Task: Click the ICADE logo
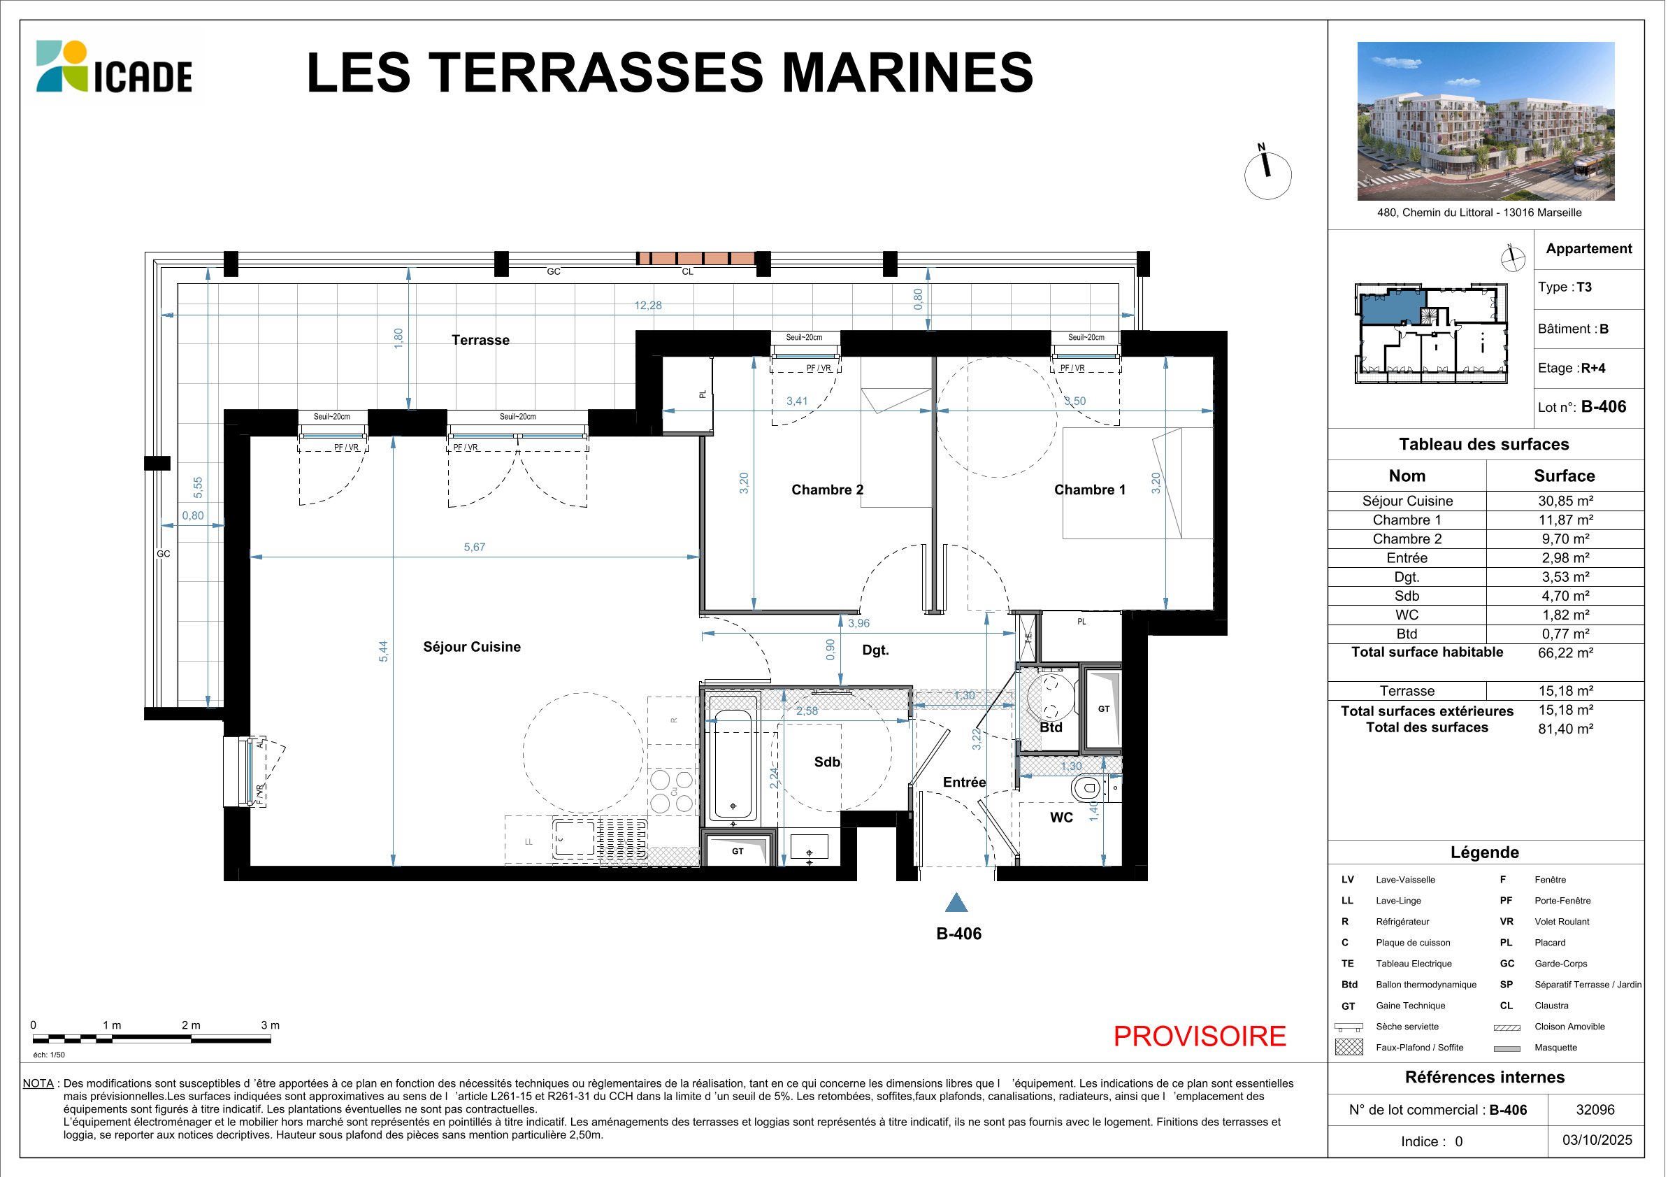[x=114, y=67]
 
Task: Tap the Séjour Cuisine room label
[x=471, y=647]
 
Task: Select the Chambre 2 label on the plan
[x=828, y=490]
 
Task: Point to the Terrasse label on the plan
[x=480, y=340]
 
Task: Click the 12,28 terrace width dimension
[x=648, y=305]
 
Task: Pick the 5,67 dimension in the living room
[x=475, y=547]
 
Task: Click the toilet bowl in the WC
[x=1086, y=787]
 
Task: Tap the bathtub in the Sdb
[x=733, y=764]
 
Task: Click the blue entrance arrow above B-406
[x=956, y=902]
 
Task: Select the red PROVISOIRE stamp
[x=1200, y=1036]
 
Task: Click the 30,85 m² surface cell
[x=1565, y=501]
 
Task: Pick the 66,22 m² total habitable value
[x=1565, y=652]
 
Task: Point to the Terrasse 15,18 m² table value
[x=1565, y=691]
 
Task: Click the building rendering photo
[x=1486, y=121]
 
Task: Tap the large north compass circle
[x=1267, y=176]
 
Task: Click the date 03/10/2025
[x=1597, y=1140]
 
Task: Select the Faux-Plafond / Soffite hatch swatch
[x=1349, y=1047]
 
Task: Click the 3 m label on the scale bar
[x=270, y=1025]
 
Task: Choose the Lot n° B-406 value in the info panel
[x=1604, y=407]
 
